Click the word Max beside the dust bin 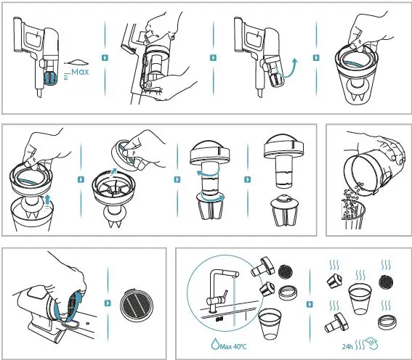pyautogui.click(x=80, y=72)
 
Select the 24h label pyautogui.click(x=347, y=347)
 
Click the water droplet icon pyautogui.click(x=215, y=344)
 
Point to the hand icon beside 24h pyautogui.click(x=372, y=343)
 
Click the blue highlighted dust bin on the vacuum pyautogui.click(x=50, y=78)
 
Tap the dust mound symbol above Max pyautogui.click(x=76, y=62)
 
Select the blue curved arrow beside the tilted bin pyautogui.click(x=288, y=70)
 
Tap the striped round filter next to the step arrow pyautogui.click(x=137, y=305)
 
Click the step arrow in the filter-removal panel pyautogui.click(x=108, y=303)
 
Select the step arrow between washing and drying pyautogui.click(x=310, y=304)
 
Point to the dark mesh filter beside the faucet pyautogui.click(x=286, y=272)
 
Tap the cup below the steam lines pyautogui.click(x=360, y=298)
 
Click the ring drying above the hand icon pyautogui.click(x=387, y=322)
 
